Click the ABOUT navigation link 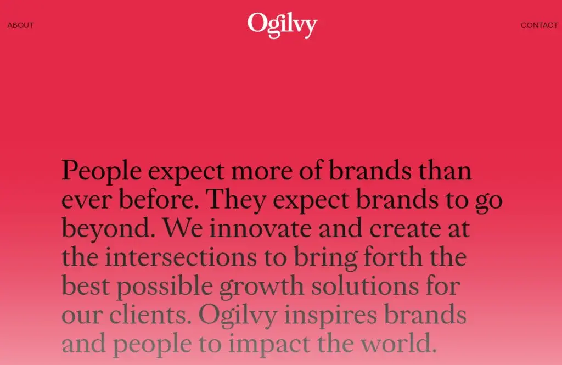(x=20, y=25)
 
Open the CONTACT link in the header (x=539, y=25)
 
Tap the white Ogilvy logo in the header (x=282, y=25)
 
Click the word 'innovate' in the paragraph (x=260, y=228)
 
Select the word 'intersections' (x=181, y=257)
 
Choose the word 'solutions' (x=365, y=286)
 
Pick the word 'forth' (x=393, y=257)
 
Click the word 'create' (x=405, y=229)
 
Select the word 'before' (x=158, y=199)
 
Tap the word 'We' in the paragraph (x=183, y=228)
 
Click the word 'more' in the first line (x=262, y=172)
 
